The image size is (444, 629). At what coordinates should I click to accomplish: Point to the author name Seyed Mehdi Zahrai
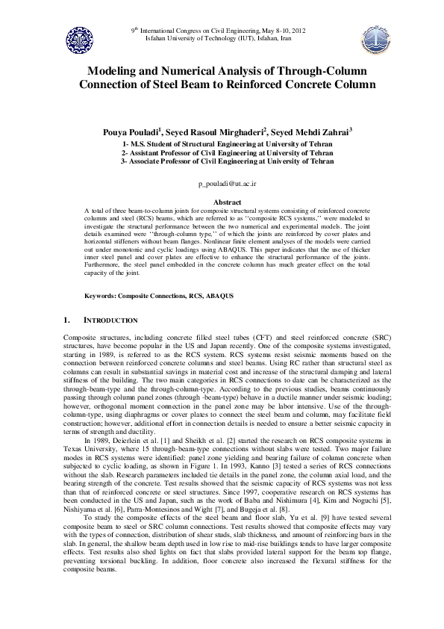pyautogui.click(x=305, y=131)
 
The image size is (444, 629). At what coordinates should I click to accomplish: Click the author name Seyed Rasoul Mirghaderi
pyautogui.click(x=222, y=131)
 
